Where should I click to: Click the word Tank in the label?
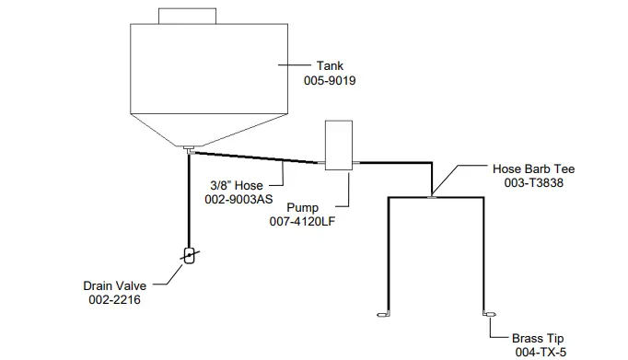[330, 66]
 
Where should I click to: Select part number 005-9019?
[330, 81]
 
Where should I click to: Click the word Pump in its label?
[303, 208]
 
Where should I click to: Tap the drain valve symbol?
[189, 255]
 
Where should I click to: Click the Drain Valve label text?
[110, 285]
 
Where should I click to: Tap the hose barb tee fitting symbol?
[432, 194]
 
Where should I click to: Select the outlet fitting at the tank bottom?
[187, 148]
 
